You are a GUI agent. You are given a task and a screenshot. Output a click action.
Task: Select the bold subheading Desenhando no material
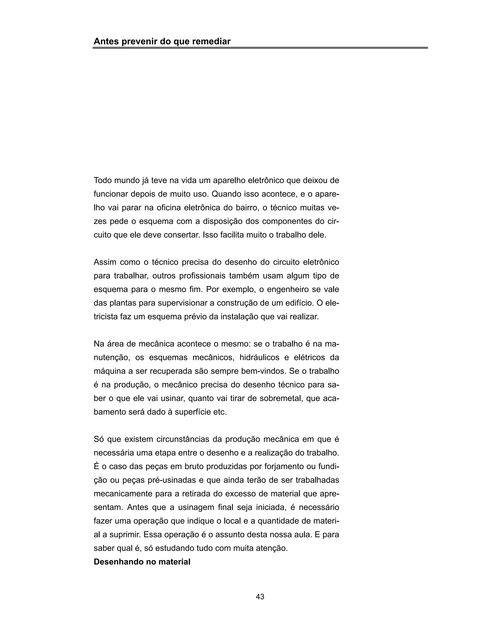click(x=142, y=562)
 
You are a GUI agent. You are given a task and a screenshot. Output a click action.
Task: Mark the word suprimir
click(x=124, y=535)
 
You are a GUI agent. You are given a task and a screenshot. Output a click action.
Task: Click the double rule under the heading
click(x=260, y=48)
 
